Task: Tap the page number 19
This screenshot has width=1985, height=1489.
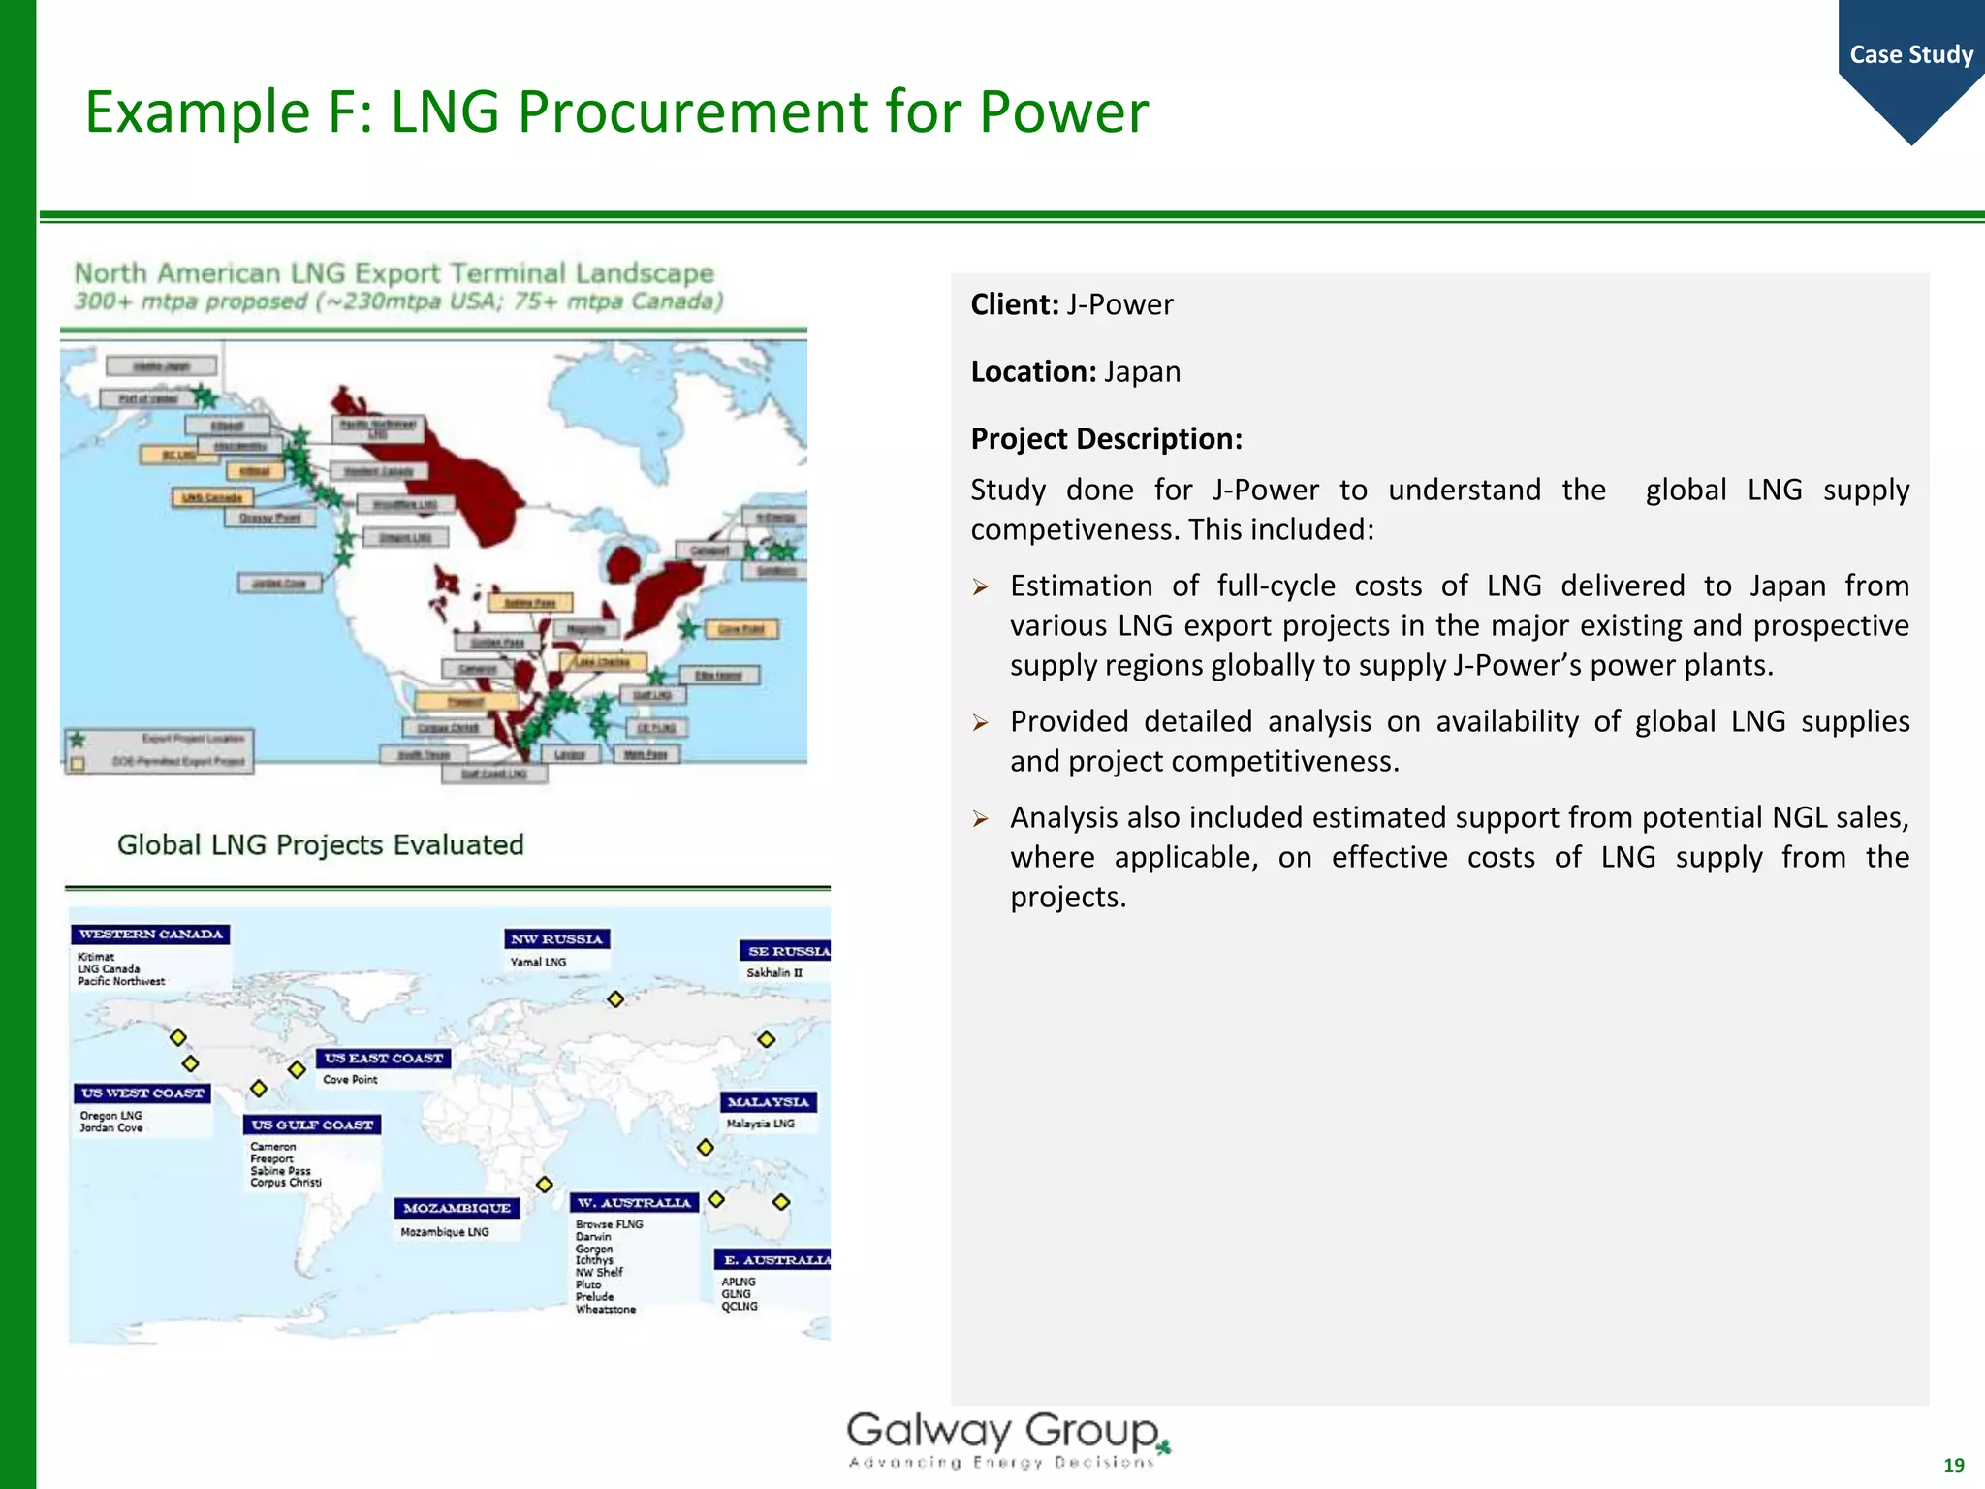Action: tap(1954, 1465)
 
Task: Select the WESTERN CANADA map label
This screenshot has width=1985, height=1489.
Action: tap(150, 935)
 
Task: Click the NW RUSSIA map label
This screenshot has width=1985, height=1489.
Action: tap(556, 939)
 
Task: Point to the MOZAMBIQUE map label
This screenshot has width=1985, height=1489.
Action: tap(457, 1208)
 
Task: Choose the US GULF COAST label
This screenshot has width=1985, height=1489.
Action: tap(311, 1125)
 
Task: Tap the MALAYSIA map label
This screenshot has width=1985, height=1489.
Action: tap(768, 1102)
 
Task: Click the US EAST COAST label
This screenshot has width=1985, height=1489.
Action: tap(384, 1059)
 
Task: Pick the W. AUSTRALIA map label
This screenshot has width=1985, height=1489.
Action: tap(634, 1203)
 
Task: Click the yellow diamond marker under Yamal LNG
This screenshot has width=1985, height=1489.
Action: tap(615, 999)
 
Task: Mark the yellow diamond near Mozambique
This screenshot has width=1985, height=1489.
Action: tap(545, 1185)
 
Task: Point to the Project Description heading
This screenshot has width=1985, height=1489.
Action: tap(1106, 439)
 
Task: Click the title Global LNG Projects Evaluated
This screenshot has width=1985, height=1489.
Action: tap(320, 845)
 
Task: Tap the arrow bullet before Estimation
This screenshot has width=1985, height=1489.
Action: tap(981, 587)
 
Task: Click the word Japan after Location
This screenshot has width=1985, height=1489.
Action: tap(1143, 372)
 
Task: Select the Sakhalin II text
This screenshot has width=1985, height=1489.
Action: tap(774, 973)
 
